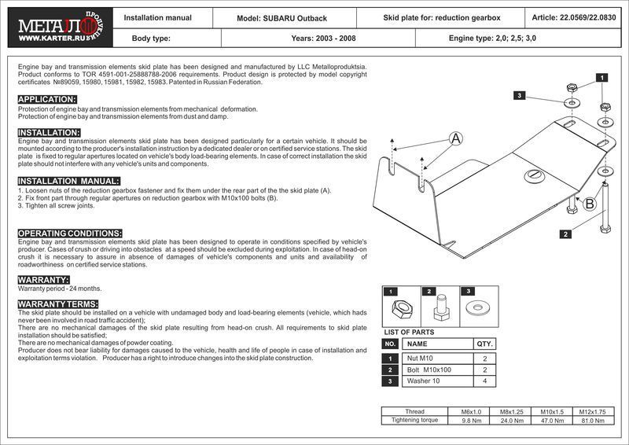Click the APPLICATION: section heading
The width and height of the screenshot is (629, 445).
click(x=47, y=99)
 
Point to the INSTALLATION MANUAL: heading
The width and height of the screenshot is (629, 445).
click(x=69, y=181)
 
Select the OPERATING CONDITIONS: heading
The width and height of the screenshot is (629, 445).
click(x=69, y=234)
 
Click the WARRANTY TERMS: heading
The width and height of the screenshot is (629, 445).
click(x=57, y=303)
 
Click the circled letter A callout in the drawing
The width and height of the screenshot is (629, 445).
click(x=454, y=139)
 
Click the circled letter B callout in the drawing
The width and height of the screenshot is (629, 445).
click(x=590, y=204)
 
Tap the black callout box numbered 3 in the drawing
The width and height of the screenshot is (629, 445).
click(x=520, y=95)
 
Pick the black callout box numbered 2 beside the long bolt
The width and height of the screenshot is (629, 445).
click(x=565, y=234)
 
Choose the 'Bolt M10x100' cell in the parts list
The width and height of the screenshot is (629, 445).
click(x=430, y=370)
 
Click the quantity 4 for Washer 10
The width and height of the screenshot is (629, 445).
click(x=484, y=381)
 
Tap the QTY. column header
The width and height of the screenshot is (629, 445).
click(x=484, y=344)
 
